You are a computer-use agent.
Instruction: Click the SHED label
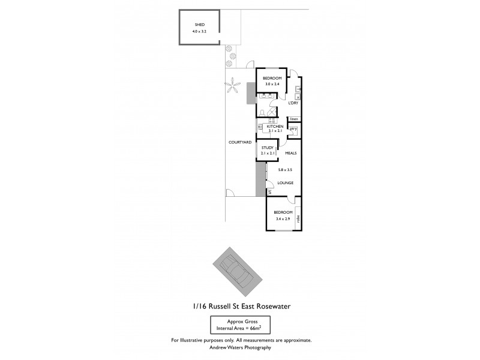click(x=191, y=25)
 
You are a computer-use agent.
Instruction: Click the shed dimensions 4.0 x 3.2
click(x=199, y=31)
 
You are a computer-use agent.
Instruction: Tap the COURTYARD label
click(x=239, y=142)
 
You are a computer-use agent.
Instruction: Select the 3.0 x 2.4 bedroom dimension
click(x=272, y=85)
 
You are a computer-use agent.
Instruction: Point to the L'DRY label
click(x=293, y=103)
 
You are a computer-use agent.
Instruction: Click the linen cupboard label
click(x=294, y=119)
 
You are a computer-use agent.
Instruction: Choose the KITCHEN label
click(x=275, y=127)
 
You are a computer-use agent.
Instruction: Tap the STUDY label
click(x=268, y=147)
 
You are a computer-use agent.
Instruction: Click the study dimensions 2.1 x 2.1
click(x=268, y=153)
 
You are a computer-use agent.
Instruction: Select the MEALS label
click(x=291, y=153)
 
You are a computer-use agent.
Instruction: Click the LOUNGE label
click(x=285, y=182)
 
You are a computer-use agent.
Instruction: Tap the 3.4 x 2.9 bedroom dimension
click(x=283, y=218)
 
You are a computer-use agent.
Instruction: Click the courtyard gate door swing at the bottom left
click(x=230, y=193)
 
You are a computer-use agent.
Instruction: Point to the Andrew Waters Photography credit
click(x=241, y=347)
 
